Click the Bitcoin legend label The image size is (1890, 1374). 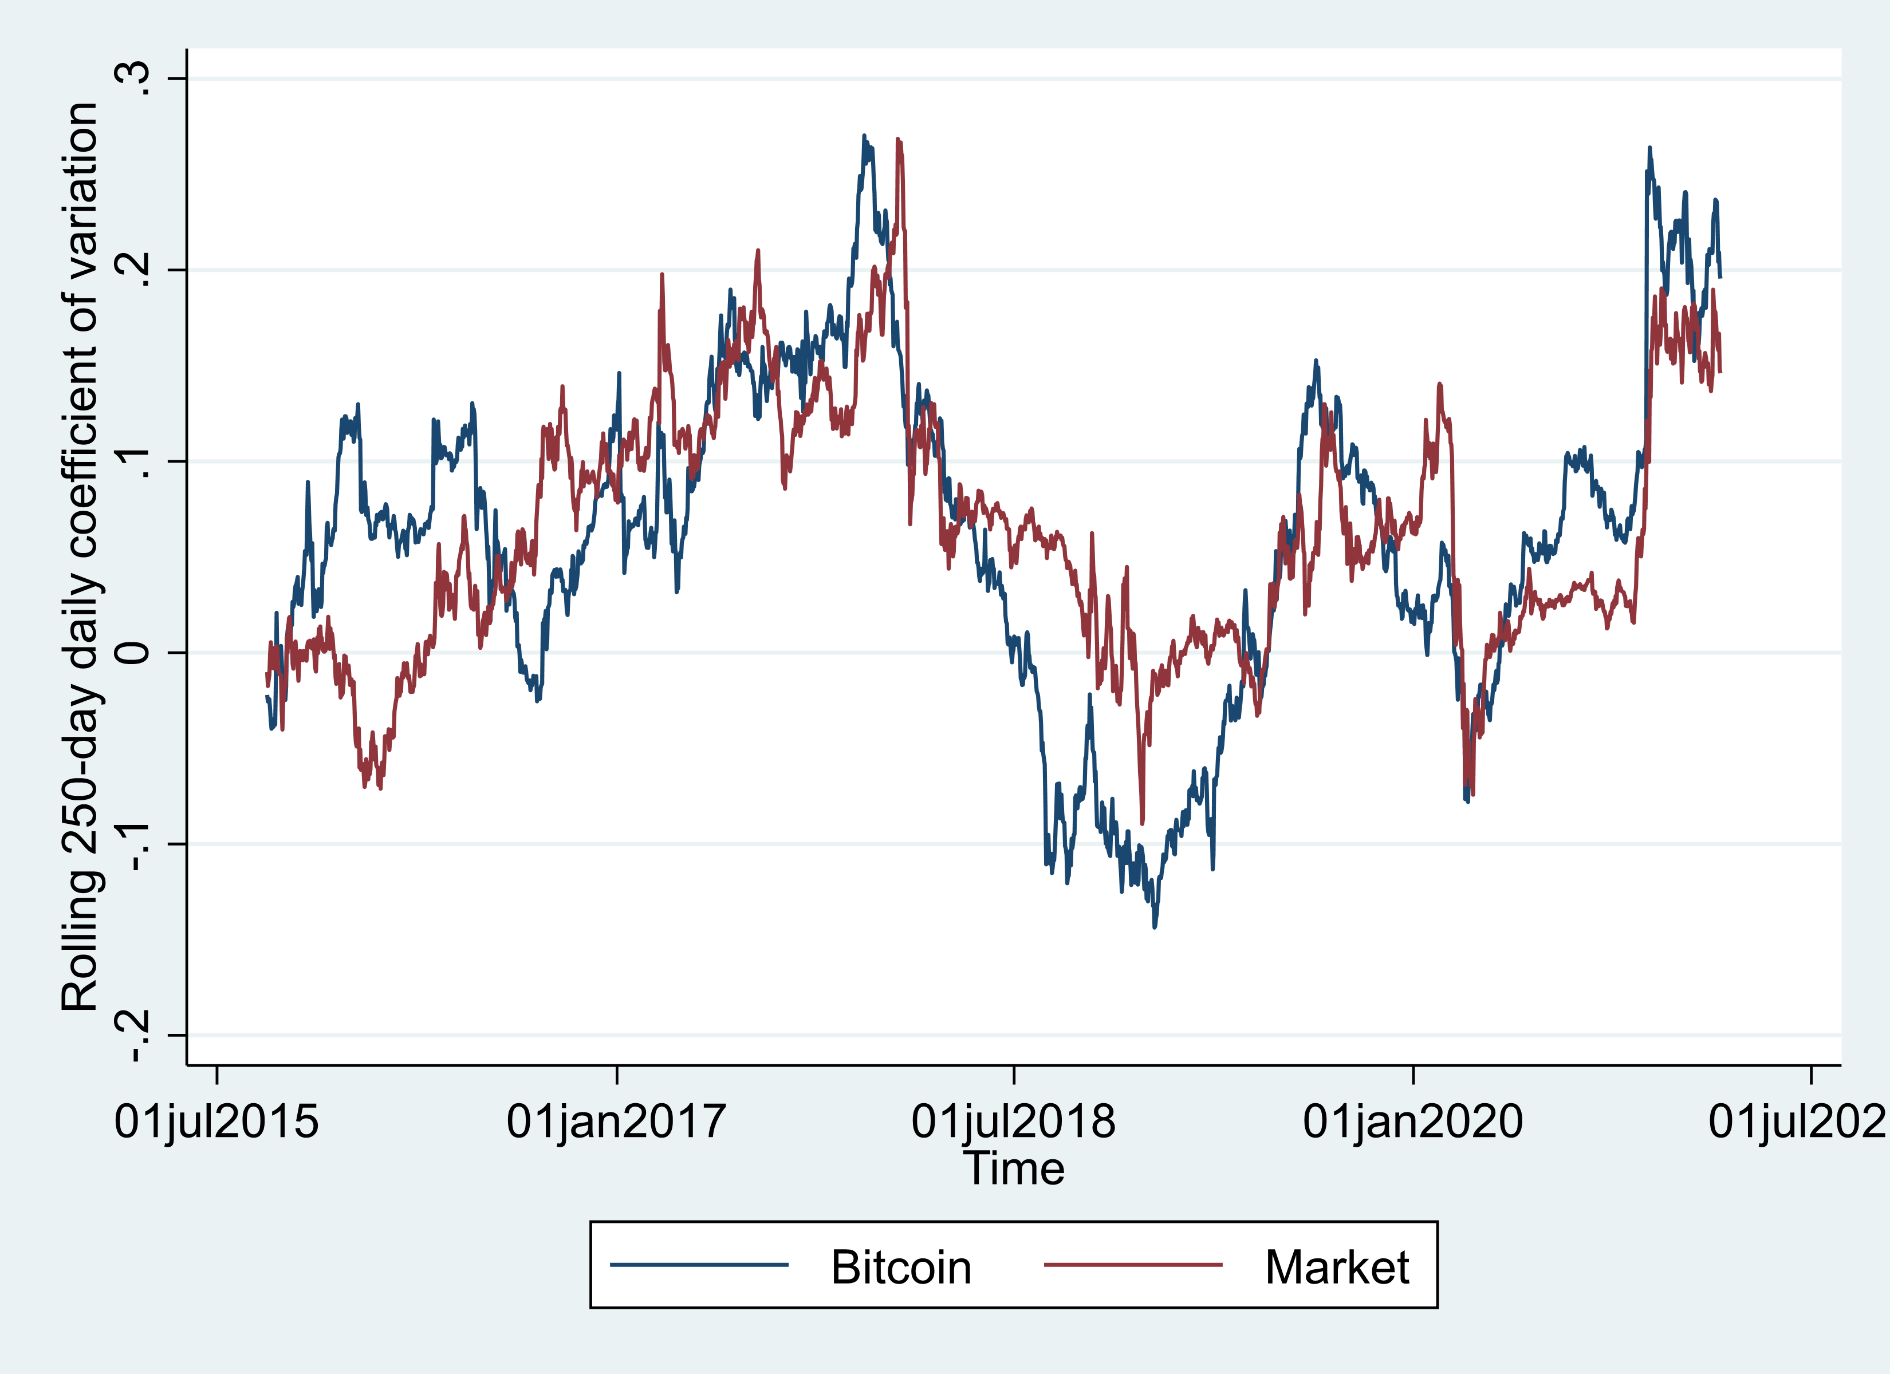(901, 1268)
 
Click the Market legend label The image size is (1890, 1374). (1337, 1268)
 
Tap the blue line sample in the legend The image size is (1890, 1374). (699, 1265)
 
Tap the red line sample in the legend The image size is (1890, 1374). (1133, 1265)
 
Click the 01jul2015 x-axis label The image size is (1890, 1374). (216, 1122)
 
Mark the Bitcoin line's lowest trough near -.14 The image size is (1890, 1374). (1154, 926)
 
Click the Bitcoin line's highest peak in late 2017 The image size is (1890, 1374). (864, 136)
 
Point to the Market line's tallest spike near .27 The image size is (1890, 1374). (899, 140)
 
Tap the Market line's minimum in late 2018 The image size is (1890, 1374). (1141, 823)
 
